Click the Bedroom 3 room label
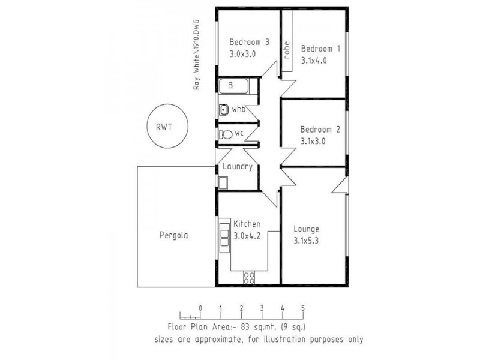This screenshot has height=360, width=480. point(250,42)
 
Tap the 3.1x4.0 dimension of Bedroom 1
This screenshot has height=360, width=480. point(320,60)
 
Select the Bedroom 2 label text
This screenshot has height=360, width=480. point(320,130)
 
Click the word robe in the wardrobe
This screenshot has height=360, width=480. point(287,50)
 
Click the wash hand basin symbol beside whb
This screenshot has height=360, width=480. point(224,109)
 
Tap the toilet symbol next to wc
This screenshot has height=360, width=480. point(226,134)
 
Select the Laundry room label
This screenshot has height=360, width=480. point(238,167)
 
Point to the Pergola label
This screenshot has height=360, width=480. point(174,236)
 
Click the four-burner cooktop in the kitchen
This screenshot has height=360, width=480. point(249,277)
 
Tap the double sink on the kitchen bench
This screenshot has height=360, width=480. point(224,232)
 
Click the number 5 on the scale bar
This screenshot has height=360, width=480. point(303,308)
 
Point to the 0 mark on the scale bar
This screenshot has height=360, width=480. point(200,308)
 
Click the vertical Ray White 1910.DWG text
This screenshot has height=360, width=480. point(196,54)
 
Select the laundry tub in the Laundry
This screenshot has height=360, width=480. point(223,183)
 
